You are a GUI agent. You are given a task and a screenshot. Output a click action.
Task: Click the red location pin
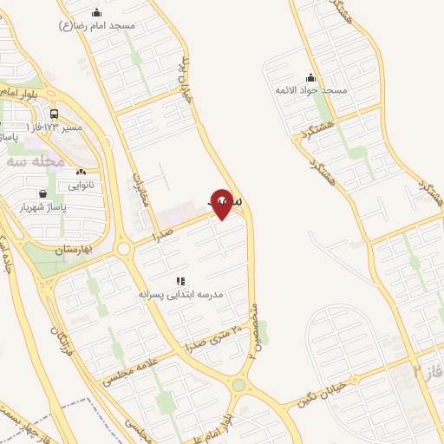coord(222,204)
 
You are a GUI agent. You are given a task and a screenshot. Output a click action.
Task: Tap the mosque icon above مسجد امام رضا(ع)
coord(95,12)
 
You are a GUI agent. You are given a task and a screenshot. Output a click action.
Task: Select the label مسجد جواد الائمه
coord(310,91)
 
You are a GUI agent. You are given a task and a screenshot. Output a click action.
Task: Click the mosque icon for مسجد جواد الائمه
coord(310,78)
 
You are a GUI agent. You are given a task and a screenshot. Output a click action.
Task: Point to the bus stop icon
coord(55,114)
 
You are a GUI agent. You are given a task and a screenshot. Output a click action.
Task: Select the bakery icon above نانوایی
coord(82,173)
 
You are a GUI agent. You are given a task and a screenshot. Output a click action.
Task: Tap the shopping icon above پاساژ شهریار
coord(42,193)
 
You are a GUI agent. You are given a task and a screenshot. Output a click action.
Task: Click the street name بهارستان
coord(73,249)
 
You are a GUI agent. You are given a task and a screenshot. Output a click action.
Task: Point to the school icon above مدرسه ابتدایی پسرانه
coord(181,281)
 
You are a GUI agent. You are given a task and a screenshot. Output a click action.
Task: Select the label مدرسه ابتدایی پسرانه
coord(181,295)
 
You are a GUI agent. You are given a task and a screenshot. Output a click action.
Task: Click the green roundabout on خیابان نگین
coord(238,385)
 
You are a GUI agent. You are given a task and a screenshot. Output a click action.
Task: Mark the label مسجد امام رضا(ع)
coord(97,26)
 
